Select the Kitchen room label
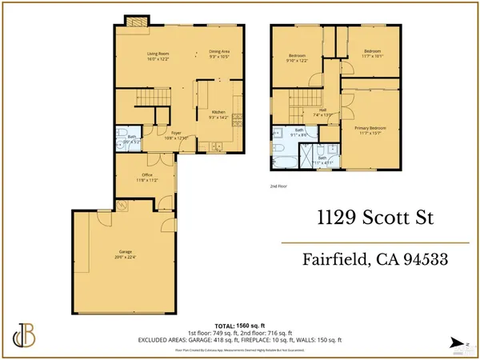point(218,114)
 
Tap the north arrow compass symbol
point(458,342)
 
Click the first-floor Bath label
point(131,138)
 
